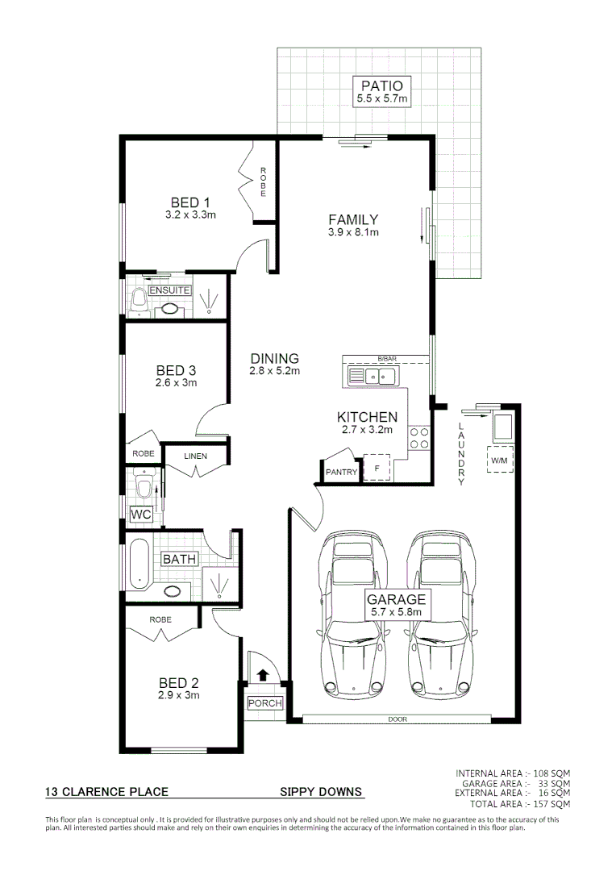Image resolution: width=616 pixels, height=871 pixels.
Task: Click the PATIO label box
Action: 383,90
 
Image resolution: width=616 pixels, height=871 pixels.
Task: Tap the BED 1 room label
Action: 190,202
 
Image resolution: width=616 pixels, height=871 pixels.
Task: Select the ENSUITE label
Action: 169,290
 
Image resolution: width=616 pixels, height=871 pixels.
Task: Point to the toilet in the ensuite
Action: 138,303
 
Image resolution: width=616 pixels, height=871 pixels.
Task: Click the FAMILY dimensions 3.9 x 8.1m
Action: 353,232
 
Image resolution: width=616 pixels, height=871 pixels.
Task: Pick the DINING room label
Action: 274,359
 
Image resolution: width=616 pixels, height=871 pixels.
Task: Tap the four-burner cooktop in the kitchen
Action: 419,438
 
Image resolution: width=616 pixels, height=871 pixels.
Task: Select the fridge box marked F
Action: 376,469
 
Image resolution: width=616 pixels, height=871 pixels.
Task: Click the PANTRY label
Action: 341,473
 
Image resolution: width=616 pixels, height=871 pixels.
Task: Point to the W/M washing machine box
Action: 499,461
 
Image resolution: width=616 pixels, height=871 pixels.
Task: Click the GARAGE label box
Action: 396,605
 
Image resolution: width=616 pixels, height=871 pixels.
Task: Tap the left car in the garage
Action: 352,613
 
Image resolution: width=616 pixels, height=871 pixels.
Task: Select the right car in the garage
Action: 440,613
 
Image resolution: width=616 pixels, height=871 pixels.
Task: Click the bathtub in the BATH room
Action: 138,564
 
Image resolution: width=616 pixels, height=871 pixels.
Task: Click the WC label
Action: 141,514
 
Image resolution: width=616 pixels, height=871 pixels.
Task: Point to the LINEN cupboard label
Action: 195,456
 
